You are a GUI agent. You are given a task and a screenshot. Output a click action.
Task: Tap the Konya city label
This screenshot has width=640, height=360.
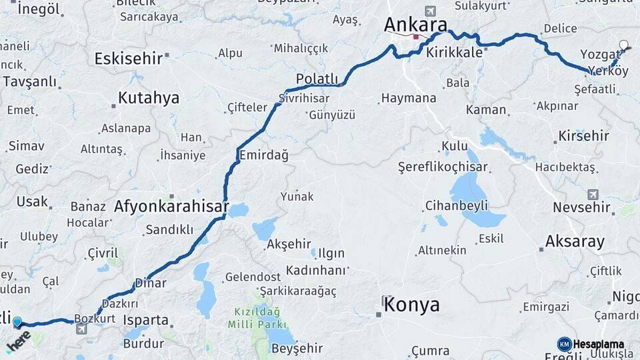pyautogui.click(x=411, y=305)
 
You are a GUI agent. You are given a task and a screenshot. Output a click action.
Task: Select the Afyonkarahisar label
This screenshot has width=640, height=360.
pyautogui.click(x=171, y=207)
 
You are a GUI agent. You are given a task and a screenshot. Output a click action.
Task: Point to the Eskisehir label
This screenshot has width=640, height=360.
pyautogui.click(x=129, y=59)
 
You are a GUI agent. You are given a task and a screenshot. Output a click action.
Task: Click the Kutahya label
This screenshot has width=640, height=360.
pyautogui.click(x=149, y=98)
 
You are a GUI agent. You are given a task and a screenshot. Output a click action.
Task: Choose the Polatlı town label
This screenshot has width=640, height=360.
pyautogui.click(x=317, y=79)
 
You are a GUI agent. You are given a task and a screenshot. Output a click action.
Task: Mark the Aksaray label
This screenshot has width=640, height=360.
pyautogui.click(x=575, y=241)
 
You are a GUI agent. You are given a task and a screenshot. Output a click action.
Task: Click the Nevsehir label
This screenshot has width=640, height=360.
pyautogui.click(x=581, y=207)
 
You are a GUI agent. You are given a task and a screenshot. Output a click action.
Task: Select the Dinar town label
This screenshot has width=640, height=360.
pyautogui.click(x=151, y=283)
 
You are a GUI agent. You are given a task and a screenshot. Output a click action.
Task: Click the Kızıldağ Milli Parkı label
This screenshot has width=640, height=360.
pyautogui.click(x=258, y=317)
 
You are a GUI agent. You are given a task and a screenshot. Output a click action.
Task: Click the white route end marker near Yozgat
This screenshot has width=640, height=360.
pyautogui.click(x=623, y=46)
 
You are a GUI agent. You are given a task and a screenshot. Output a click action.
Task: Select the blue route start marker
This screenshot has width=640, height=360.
pyautogui.click(x=17, y=323)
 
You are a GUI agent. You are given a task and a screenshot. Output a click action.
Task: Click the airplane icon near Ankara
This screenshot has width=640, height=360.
pyautogui.click(x=430, y=11)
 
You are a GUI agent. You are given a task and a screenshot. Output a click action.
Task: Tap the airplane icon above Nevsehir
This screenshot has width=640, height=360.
pyautogui.click(x=593, y=194)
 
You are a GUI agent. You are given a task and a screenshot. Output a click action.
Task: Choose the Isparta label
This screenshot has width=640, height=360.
pyautogui.click(x=146, y=320)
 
